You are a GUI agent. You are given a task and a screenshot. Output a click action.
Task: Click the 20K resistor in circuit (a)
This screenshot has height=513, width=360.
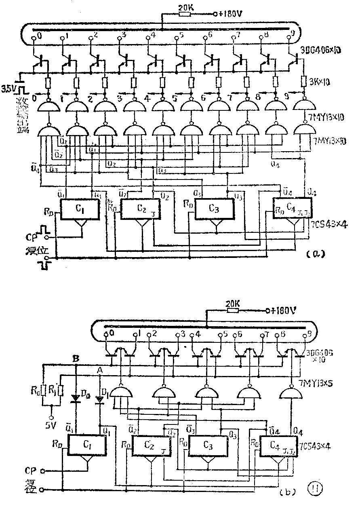click(185, 14)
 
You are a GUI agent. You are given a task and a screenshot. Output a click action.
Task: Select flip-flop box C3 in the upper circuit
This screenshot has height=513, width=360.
click(215, 209)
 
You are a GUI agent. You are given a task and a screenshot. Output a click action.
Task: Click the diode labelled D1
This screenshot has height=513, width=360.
click(99, 399)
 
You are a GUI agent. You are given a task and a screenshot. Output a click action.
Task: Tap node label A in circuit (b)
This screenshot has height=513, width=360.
click(99, 369)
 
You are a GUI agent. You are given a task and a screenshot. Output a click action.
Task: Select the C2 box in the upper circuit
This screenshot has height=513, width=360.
click(141, 209)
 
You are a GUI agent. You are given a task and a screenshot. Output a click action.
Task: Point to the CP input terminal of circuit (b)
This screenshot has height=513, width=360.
click(42, 471)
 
